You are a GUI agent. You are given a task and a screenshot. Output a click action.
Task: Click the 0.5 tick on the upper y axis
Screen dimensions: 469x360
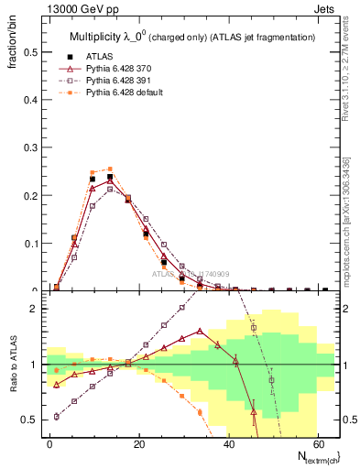[32, 52]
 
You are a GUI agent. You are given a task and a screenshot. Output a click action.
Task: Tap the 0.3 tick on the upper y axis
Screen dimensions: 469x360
[32, 147]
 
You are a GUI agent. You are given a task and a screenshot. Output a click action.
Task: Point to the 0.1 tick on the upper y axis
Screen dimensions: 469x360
[32, 244]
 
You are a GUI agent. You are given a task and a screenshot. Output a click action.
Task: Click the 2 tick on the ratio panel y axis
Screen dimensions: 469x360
[36, 309]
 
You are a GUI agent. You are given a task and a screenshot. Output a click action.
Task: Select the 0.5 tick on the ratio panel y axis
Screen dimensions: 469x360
[32, 420]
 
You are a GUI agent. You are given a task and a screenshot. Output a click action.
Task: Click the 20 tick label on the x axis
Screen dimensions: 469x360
[138, 443]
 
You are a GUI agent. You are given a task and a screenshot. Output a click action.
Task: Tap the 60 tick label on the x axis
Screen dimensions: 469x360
[317, 443]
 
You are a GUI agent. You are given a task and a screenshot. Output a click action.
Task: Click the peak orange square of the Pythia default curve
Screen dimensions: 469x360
[110, 169]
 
